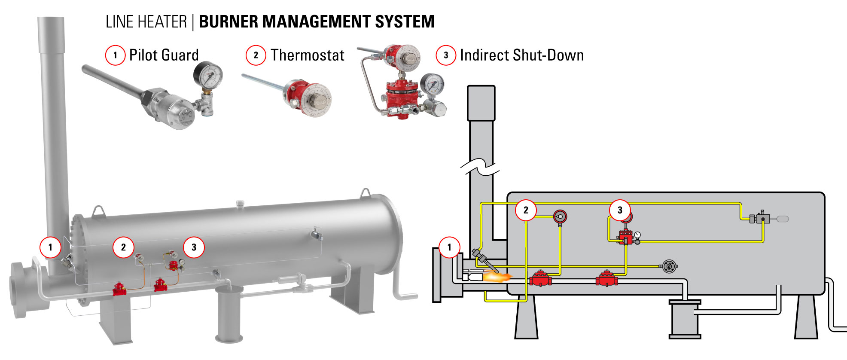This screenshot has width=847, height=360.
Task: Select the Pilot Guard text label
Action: [x=164, y=55]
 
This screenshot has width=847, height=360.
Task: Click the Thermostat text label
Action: [x=307, y=55]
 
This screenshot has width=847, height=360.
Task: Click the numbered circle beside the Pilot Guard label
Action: [x=115, y=55]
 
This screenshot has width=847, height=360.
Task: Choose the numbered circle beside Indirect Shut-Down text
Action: [x=446, y=55]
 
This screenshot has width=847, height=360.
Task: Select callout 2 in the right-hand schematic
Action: [x=526, y=210]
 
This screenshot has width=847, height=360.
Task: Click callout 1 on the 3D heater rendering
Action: [x=50, y=247]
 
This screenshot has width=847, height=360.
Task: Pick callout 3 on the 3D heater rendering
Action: [x=194, y=247]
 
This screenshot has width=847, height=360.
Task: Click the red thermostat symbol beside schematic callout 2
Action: [x=560, y=217]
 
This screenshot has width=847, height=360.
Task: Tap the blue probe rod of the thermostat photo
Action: [x=262, y=83]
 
